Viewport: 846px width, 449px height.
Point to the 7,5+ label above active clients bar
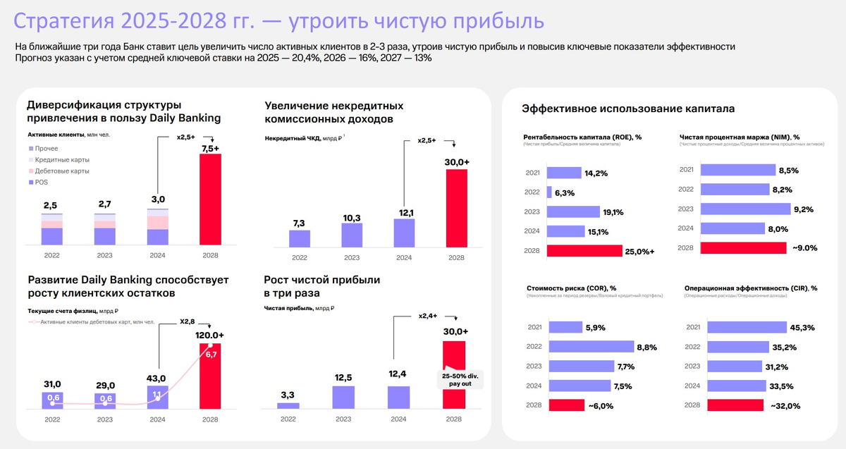pos(210,148)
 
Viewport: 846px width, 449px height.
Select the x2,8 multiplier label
pos(187,321)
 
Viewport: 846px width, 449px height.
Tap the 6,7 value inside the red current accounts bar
pos(211,354)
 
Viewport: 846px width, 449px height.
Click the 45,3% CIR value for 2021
pos(803,327)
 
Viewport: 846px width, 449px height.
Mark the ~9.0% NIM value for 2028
pos(804,247)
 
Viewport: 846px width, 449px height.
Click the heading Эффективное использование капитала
pos(628,109)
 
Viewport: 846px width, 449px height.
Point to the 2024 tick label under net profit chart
pos(399,419)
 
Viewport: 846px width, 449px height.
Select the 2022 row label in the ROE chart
pos(534,192)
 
